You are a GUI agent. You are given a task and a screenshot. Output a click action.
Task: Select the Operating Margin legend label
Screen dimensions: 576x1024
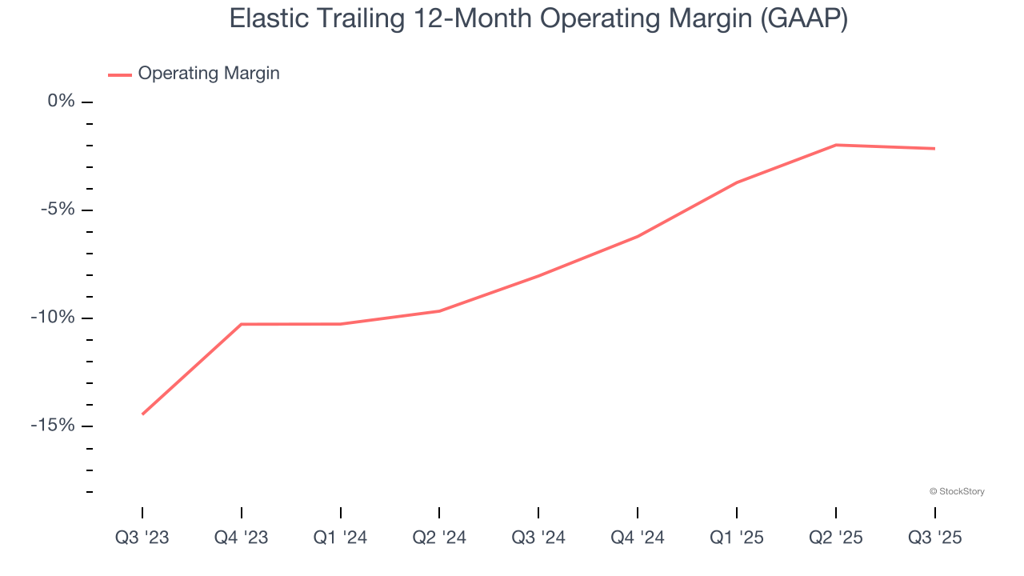[x=209, y=74]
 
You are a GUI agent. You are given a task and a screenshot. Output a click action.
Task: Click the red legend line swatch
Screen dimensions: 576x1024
[x=120, y=74]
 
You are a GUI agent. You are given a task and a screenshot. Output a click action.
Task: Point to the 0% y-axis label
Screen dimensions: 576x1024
[x=61, y=101]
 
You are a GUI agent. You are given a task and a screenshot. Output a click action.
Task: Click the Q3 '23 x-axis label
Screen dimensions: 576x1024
[x=142, y=538]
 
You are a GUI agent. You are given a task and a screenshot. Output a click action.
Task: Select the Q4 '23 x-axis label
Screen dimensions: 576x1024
[x=242, y=538]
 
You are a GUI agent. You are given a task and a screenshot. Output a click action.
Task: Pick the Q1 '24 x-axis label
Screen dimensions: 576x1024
[x=341, y=538]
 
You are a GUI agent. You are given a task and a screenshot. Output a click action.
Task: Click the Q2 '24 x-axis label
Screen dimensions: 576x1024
[x=439, y=538]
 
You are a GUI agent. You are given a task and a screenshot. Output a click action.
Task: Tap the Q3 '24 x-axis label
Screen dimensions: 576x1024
[x=538, y=538]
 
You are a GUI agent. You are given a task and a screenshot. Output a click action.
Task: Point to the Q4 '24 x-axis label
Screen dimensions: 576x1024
[x=638, y=538]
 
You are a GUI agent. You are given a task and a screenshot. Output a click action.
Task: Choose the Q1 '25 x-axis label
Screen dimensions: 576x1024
[x=737, y=538]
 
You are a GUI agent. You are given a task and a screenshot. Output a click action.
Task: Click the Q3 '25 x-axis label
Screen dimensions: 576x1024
[x=934, y=538]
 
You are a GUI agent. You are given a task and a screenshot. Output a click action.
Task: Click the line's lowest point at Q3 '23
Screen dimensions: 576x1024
[x=142, y=414]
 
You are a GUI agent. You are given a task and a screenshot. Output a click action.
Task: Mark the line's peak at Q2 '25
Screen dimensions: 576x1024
[x=836, y=145]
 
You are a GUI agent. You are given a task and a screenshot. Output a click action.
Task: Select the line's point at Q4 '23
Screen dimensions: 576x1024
[x=242, y=324]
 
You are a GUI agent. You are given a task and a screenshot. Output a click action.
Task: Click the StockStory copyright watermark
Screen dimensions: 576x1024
[x=957, y=491]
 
